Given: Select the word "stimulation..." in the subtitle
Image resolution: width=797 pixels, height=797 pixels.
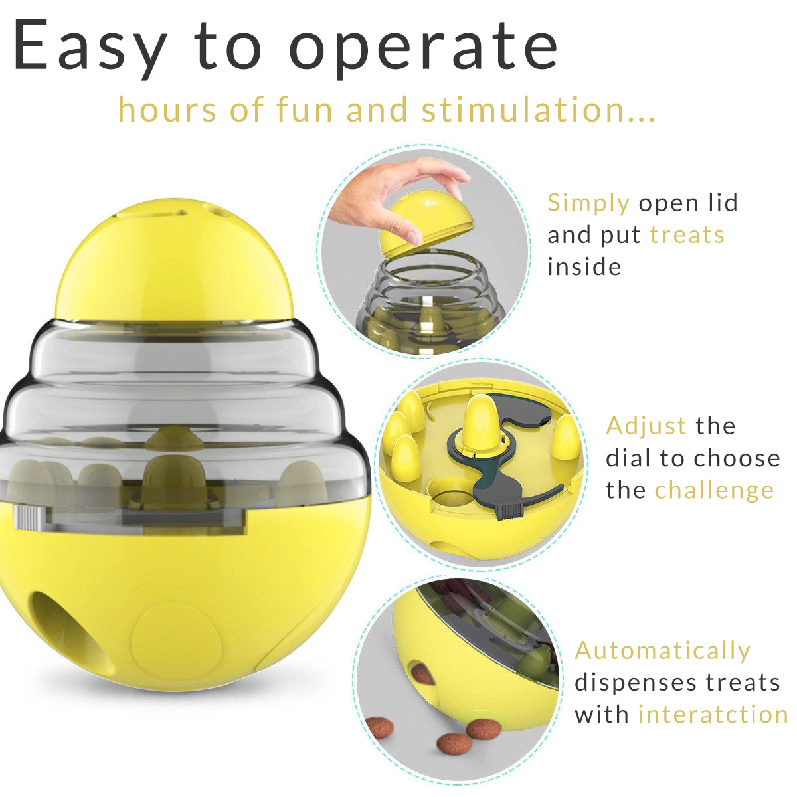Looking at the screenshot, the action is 538,109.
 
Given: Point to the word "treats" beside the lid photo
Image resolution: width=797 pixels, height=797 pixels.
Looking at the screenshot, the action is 687,235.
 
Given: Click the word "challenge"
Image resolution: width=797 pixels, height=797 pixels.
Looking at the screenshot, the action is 714,491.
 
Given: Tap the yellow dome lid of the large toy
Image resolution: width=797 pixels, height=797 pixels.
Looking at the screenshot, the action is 174,260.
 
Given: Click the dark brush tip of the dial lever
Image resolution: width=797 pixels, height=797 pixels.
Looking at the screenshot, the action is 511,511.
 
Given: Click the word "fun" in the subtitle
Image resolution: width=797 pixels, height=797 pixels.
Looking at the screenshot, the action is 304,109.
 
